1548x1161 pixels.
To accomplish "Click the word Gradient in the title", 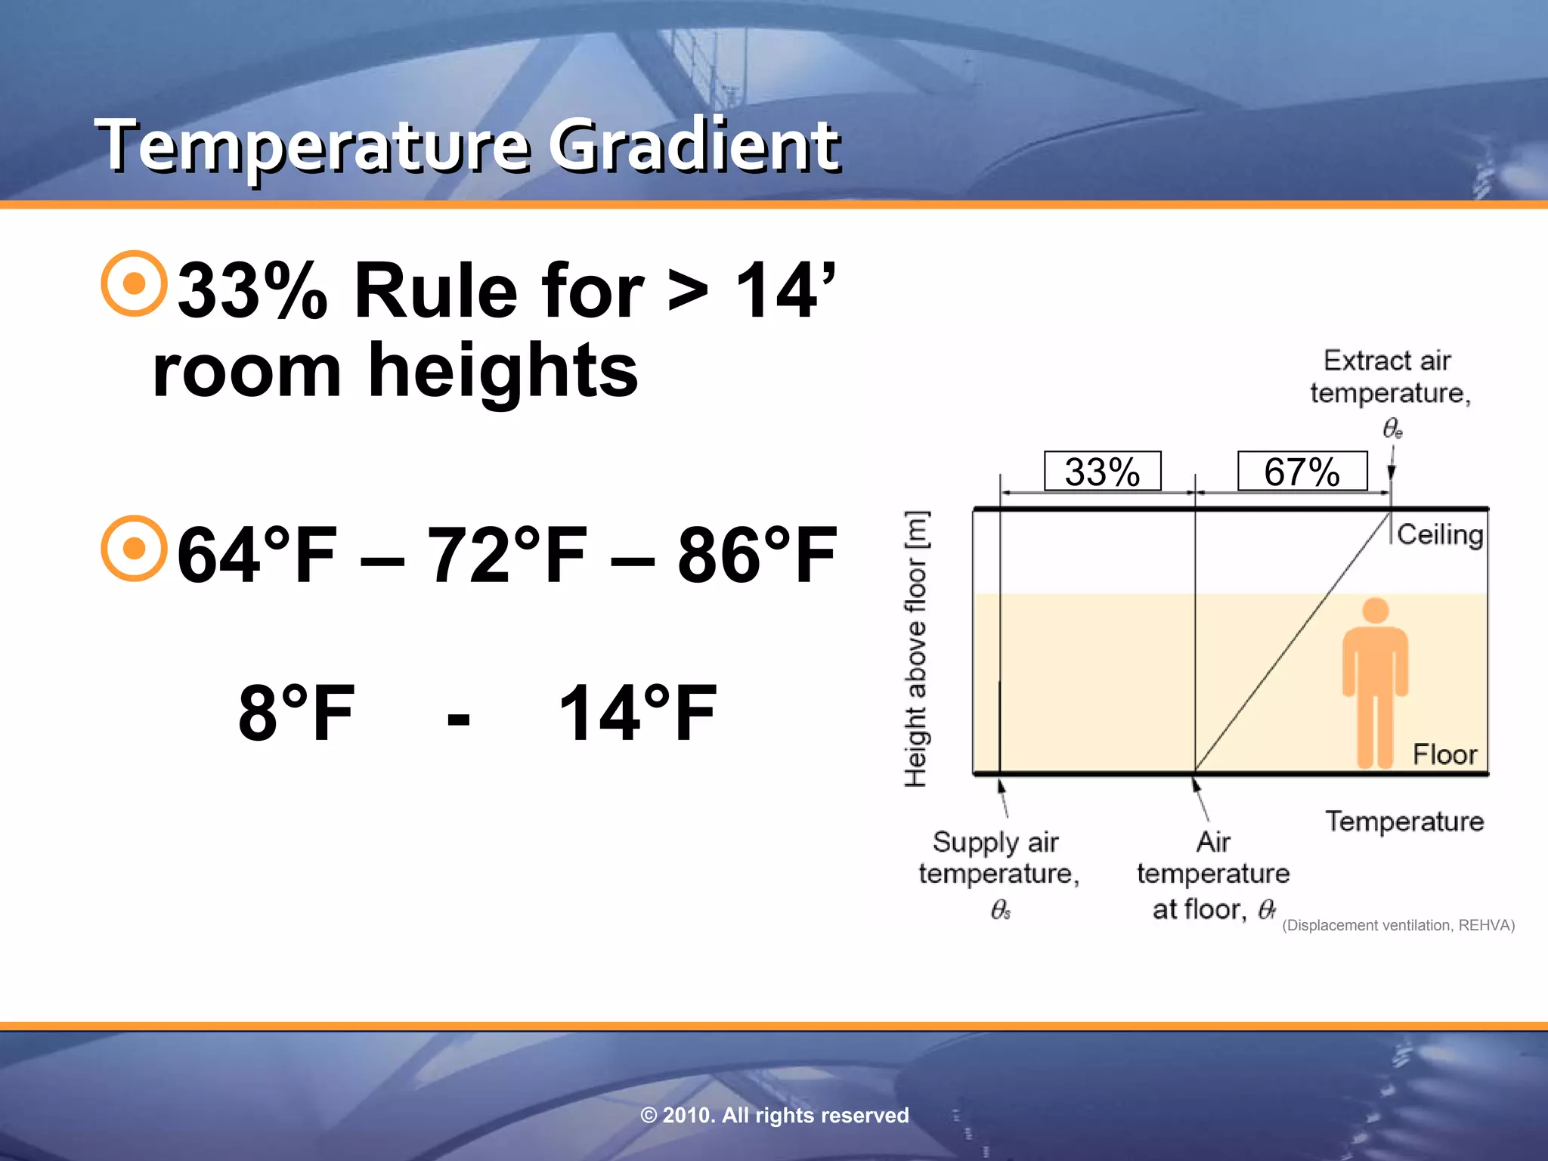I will pos(693,145).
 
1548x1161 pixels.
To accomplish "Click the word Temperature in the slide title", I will pos(311,145).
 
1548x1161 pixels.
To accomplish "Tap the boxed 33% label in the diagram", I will pos(1102,472).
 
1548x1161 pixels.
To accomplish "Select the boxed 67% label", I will pos(1302,472).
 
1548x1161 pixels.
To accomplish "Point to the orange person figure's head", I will pos(1375,610).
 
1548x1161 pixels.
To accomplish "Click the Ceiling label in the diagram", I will pos(1439,534).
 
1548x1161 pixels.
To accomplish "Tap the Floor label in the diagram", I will pos(1444,754).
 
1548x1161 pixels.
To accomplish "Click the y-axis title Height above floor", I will pos(916,649).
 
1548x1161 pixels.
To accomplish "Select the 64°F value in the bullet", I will pos(256,556).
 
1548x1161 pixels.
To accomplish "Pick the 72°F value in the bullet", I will pos(507,556).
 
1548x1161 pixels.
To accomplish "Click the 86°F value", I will pos(757,556).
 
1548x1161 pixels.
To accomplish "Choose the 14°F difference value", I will pos(637,713).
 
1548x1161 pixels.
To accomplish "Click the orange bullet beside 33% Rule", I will pos(134,283).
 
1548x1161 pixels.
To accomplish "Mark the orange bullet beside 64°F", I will pos(134,549).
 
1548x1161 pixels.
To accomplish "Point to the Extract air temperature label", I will pos(1389,377).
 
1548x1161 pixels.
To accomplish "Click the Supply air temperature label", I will pos(998,858).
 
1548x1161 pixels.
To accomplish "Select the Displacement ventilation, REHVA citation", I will pos(1398,925).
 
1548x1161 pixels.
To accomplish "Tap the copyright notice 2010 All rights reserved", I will pos(774,1115).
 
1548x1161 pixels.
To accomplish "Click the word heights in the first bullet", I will pos(503,370).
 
